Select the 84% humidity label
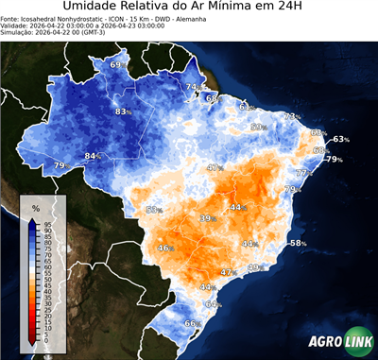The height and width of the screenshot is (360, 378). pyautogui.click(x=93, y=156)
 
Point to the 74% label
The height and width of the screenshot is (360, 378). pyautogui.click(x=194, y=88)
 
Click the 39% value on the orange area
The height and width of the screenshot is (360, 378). pyautogui.click(x=207, y=218)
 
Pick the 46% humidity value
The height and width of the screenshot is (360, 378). pyautogui.click(x=164, y=249)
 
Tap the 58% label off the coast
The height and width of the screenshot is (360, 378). pyautogui.click(x=298, y=244)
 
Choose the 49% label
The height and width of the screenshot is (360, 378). pyautogui.click(x=253, y=268)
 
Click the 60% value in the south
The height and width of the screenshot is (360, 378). pyautogui.click(x=213, y=304)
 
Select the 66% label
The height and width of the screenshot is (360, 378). pyautogui.click(x=191, y=324)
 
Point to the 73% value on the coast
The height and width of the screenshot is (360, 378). pyautogui.click(x=292, y=117)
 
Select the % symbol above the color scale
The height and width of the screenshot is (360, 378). pyautogui.click(x=35, y=207)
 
